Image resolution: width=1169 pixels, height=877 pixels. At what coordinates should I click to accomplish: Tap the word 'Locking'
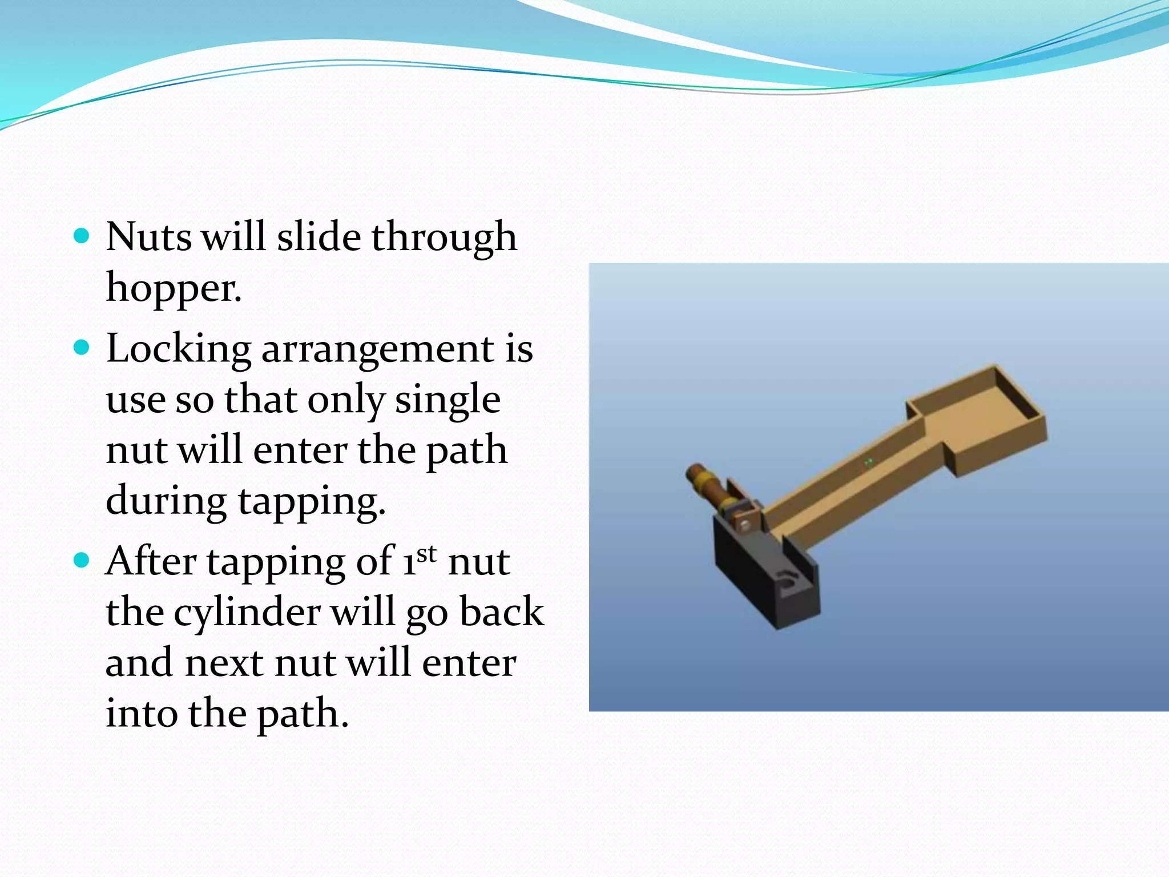point(179,349)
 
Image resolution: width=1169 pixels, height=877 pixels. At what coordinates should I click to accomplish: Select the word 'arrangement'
point(377,349)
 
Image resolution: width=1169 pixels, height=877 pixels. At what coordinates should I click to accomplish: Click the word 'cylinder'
point(247,612)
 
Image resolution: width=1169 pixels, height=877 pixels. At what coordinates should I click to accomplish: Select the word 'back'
point(502,612)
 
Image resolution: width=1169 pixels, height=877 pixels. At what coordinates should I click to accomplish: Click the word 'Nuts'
point(148,236)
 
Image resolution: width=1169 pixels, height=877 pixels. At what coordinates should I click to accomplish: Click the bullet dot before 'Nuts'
point(82,236)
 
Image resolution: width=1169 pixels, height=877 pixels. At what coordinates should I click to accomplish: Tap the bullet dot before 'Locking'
point(82,348)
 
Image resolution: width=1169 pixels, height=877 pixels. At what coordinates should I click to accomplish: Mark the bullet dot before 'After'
point(82,561)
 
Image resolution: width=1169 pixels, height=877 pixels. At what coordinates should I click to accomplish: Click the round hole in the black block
point(788,581)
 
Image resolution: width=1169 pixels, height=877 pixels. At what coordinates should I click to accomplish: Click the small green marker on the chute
point(869,461)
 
